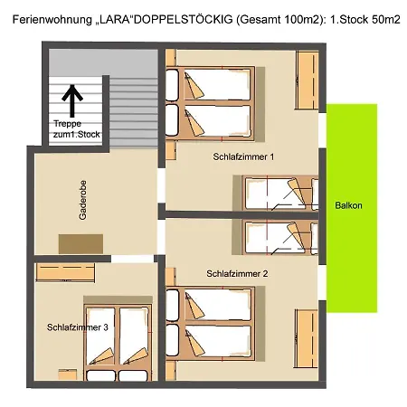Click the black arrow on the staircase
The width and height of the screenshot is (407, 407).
[72, 101]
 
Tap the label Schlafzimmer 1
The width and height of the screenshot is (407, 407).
[243, 156]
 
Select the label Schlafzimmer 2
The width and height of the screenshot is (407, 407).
[237, 273]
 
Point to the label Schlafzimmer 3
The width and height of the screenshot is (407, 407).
[78, 327]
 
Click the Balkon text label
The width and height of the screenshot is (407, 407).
[348, 205]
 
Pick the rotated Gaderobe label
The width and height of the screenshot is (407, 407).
[82, 200]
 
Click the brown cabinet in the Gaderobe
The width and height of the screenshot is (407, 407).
[80, 244]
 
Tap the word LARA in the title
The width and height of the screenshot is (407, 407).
[115, 20]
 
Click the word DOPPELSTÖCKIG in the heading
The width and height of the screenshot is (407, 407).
[183, 20]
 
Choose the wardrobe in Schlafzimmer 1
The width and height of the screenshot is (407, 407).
[308, 80]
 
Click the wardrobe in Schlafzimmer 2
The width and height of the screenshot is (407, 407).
[307, 338]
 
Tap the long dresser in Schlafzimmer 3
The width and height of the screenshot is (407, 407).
[65, 272]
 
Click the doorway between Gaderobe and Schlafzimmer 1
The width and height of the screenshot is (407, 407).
[162, 185]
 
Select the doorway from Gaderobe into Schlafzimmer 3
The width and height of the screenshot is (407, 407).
[133, 259]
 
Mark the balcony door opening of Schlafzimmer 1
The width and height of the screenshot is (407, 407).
[322, 130]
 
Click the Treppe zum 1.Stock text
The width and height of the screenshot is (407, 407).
[77, 129]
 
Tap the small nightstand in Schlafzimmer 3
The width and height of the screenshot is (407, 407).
[68, 374]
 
